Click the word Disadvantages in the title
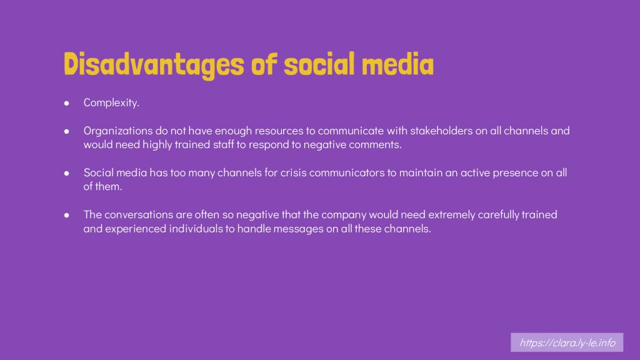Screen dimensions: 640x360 click(154, 64)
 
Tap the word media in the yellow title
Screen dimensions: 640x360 click(397, 64)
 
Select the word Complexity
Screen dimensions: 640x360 click(111, 103)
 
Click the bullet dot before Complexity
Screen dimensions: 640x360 click(66, 103)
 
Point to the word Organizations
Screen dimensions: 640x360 click(118, 131)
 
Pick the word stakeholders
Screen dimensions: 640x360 click(441, 131)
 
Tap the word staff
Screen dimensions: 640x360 click(223, 144)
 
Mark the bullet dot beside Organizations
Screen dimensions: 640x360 click(66, 131)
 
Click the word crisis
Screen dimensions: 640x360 click(294, 172)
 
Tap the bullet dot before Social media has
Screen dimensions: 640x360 click(66, 173)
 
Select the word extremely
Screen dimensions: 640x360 click(451, 215)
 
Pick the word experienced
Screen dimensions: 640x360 click(136, 229)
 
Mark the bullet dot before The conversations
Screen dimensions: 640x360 click(66, 215)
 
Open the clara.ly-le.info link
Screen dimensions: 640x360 click(567, 342)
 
